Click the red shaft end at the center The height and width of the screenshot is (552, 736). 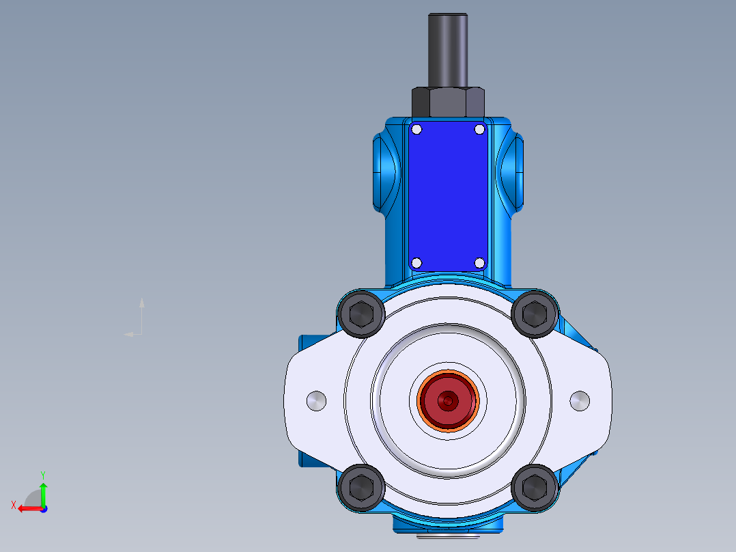[x=448, y=401]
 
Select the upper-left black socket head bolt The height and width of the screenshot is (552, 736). [x=360, y=314]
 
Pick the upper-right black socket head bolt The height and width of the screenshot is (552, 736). [x=535, y=314]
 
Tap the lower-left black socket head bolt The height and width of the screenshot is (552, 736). [x=360, y=487]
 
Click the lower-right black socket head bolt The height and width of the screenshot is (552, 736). [x=535, y=487]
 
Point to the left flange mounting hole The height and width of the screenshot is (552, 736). [x=317, y=401]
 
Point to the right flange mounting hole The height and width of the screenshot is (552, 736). [x=579, y=401]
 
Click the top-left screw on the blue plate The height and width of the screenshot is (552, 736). [x=417, y=130]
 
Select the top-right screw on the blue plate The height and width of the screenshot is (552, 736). [x=479, y=130]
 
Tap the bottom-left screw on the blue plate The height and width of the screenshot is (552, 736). [x=417, y=263]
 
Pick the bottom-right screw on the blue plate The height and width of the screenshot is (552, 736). [x=479, y=263]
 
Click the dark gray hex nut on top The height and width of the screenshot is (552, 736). [x=448, y=102]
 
